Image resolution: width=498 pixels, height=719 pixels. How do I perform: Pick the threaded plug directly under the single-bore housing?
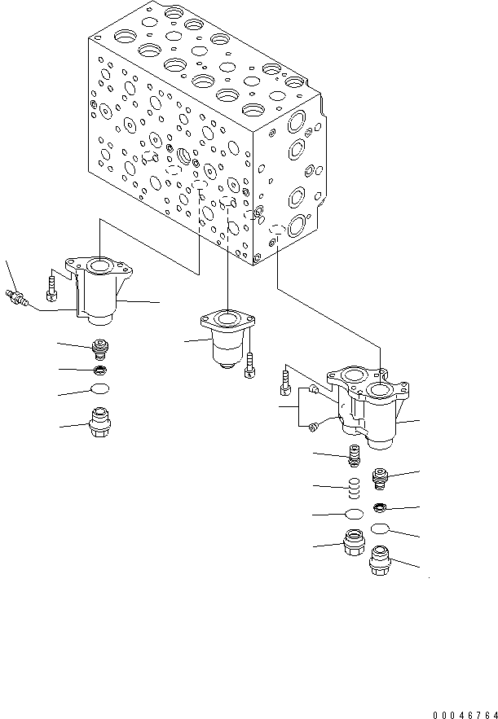99,348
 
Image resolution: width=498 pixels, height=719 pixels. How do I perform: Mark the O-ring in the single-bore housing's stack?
99,389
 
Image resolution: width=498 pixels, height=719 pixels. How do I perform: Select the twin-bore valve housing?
367,407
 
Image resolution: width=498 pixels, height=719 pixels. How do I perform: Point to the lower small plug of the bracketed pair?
314,422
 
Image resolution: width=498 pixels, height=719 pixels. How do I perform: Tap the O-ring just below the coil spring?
354,514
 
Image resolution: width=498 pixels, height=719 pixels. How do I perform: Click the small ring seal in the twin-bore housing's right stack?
381,508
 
